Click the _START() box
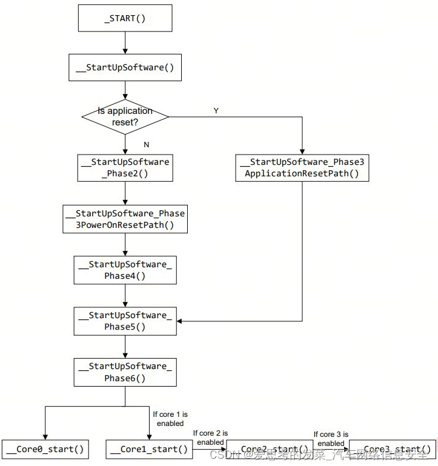click(125, 18)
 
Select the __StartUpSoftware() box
click(125, 67)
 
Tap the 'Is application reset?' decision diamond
click(125, 116)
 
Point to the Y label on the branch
click(216, 111)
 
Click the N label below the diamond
click(146, 145)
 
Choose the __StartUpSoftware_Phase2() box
click(125, 168)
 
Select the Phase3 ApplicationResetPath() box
click(302, 168)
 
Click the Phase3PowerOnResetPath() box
click(125, 219)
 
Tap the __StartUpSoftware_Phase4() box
click(125, 270)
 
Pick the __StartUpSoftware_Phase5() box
click(125, 321)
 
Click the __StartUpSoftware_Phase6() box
click(125, 372)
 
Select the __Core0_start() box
click(45, 449)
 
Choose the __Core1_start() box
click(150, 449)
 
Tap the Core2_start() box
click(270, 449)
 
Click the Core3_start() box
click(392, 449)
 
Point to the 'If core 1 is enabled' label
click(170, 419)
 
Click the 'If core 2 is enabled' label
click(210, 438)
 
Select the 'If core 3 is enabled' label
click(331, 439)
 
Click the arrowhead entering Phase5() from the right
click(180, 321)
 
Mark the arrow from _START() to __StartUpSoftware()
click(125, 42)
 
